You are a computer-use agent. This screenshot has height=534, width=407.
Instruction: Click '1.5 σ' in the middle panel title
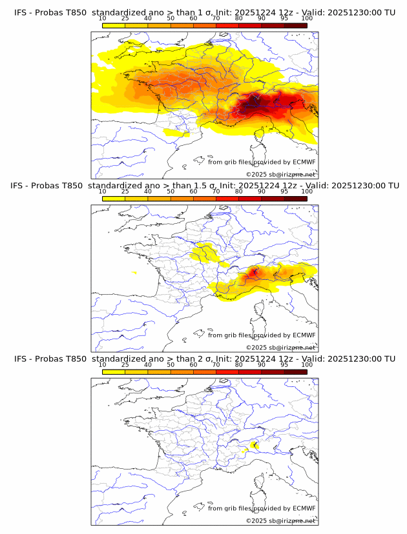[206, 186]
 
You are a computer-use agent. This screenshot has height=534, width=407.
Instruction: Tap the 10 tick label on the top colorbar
[103, 18]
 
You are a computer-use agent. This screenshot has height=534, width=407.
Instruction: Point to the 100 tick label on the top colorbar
[307, 18]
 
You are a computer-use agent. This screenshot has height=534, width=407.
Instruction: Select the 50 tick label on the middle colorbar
[171, 192]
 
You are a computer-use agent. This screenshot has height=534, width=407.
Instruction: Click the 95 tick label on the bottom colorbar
[284, 364]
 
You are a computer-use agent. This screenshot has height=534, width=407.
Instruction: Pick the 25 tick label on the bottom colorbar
[125, 364]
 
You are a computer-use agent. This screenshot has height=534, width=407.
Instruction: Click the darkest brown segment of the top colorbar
[295, 25]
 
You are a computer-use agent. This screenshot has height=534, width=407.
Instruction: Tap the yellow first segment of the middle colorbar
[114, 199]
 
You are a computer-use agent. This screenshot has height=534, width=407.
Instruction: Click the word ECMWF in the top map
[303, 162]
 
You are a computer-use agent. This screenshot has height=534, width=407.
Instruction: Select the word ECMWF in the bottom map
[303, 508]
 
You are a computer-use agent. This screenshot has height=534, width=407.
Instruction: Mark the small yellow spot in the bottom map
[254, 444]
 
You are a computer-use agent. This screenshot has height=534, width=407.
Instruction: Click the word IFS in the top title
[21, 12]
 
